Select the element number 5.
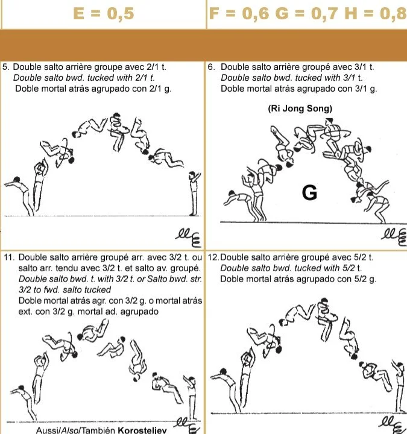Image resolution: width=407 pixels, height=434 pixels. click(5, 68)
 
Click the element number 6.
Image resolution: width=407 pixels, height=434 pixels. click(211, 68)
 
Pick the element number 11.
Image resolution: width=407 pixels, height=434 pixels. click(8, 258)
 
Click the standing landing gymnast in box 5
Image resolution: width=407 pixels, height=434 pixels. click(193, 193)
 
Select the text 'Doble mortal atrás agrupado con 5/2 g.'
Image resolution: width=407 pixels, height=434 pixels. click(298, 279)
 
